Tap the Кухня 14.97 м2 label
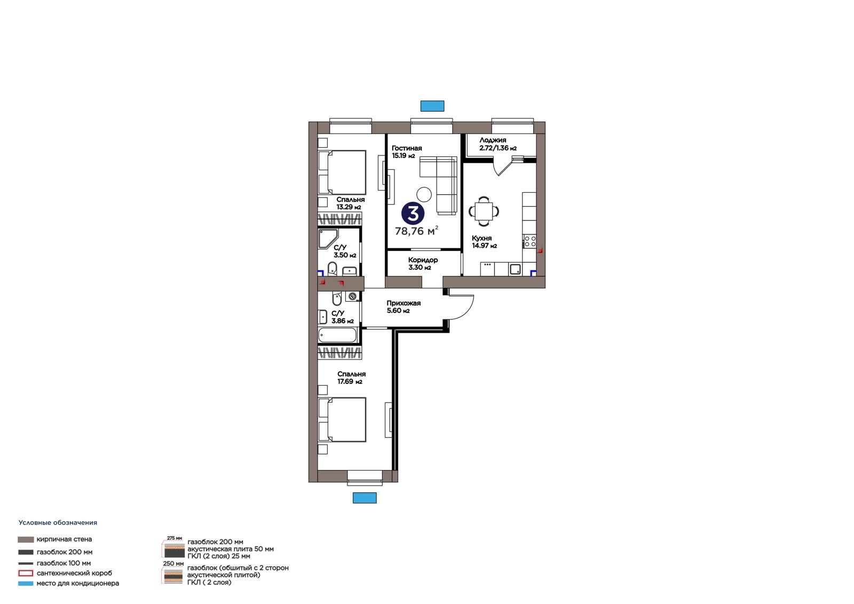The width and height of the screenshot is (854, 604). tap(484, 242)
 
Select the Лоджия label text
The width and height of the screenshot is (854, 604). tap(493, 140)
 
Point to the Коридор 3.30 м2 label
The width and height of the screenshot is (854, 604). tap(423, 264)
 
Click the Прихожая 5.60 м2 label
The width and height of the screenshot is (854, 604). tap(404, 307)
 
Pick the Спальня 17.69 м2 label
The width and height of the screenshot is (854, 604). tap(351, 378)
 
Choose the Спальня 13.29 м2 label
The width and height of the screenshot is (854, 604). tap(350, 203)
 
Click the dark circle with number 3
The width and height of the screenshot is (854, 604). tap(413, 213)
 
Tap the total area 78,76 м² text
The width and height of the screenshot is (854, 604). tap(416, 231)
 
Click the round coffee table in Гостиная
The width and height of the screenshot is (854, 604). tap(424, 194)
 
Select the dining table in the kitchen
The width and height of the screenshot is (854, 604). tap(484, 211)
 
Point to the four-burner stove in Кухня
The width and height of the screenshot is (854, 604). tap(530, 241)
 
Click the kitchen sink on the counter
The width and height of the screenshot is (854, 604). tap(515, 269)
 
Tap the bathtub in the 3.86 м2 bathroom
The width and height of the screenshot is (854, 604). tap(337, 335)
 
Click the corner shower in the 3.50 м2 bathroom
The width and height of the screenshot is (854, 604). tap(328, 239)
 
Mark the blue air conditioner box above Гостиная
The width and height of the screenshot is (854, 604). tap(432, 106)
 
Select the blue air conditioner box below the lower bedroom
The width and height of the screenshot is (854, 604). tap(365, 498)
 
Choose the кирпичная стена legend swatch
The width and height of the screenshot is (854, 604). tap(26, 539)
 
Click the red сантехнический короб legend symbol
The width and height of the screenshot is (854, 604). tap(26, 573)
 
